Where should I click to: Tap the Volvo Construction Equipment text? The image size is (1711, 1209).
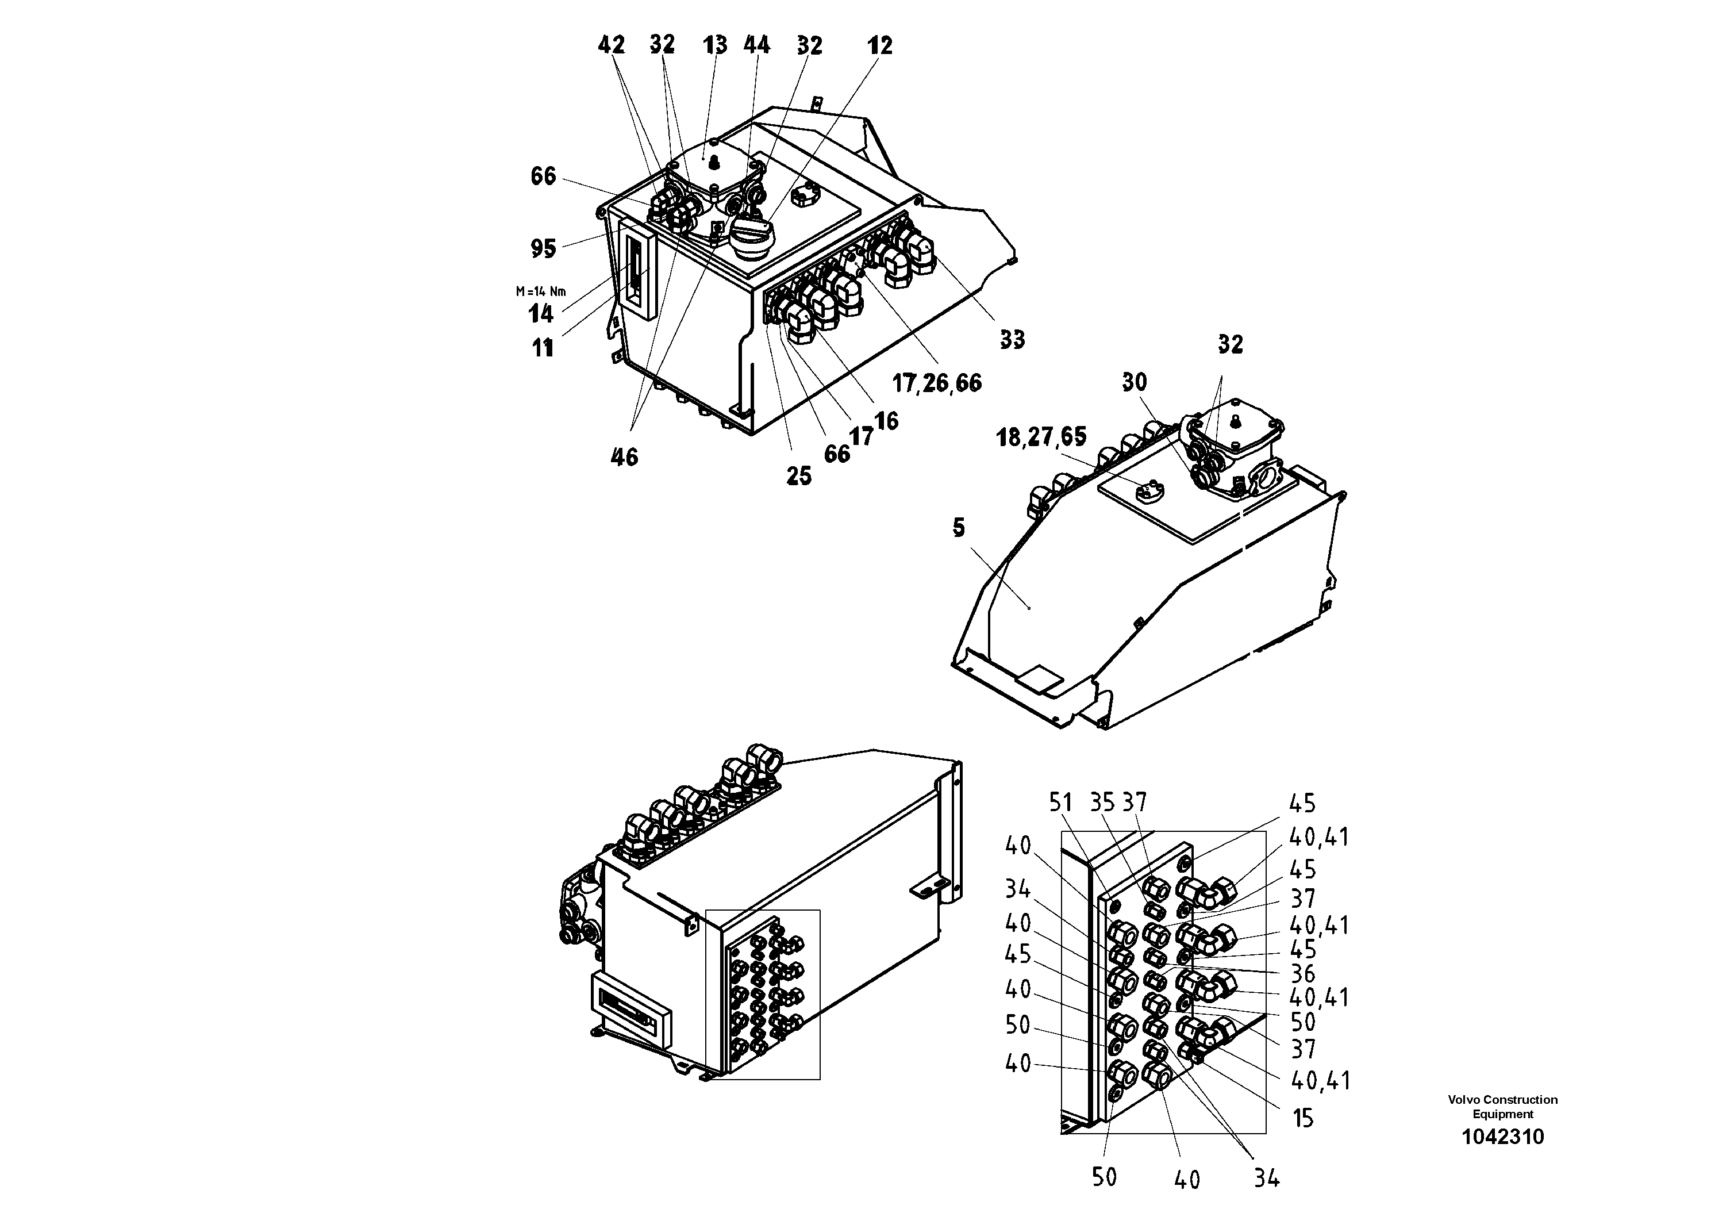1502,1107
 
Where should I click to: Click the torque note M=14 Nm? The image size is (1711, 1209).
540,291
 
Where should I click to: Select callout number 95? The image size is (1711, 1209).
543,248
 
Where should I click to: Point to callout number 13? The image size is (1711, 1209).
714,45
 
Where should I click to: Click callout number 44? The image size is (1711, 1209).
756,45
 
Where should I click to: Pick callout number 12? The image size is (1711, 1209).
879,46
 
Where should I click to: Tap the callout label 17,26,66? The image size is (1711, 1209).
937,383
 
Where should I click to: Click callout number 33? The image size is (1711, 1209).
1012,340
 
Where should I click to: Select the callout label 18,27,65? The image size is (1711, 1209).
1041,437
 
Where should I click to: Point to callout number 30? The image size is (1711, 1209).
1134,382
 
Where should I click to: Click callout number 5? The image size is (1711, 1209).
958,528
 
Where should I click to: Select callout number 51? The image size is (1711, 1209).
1060,803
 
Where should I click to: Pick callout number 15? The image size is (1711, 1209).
1302,1118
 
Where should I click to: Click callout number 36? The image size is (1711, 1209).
1302,973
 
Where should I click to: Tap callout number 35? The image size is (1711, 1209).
1101,803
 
